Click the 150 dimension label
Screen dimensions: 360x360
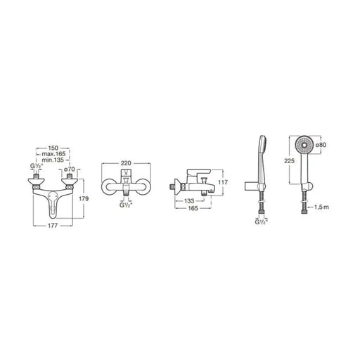[x=53, y=148]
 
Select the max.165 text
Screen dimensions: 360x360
[x=53, y=154]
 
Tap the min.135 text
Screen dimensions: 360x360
[x=53, y=160]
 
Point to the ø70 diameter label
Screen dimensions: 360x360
[x=69, y=169]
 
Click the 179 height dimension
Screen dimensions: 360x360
[x=84, y=199]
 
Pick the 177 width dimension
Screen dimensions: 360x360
[x=53, y=226]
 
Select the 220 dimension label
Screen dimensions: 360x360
[x=126, y=163]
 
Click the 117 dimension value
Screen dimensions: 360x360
[x=223, y=182]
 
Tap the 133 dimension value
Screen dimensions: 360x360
[x=189, y=201]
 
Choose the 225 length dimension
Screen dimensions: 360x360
[x=290, y=161]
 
